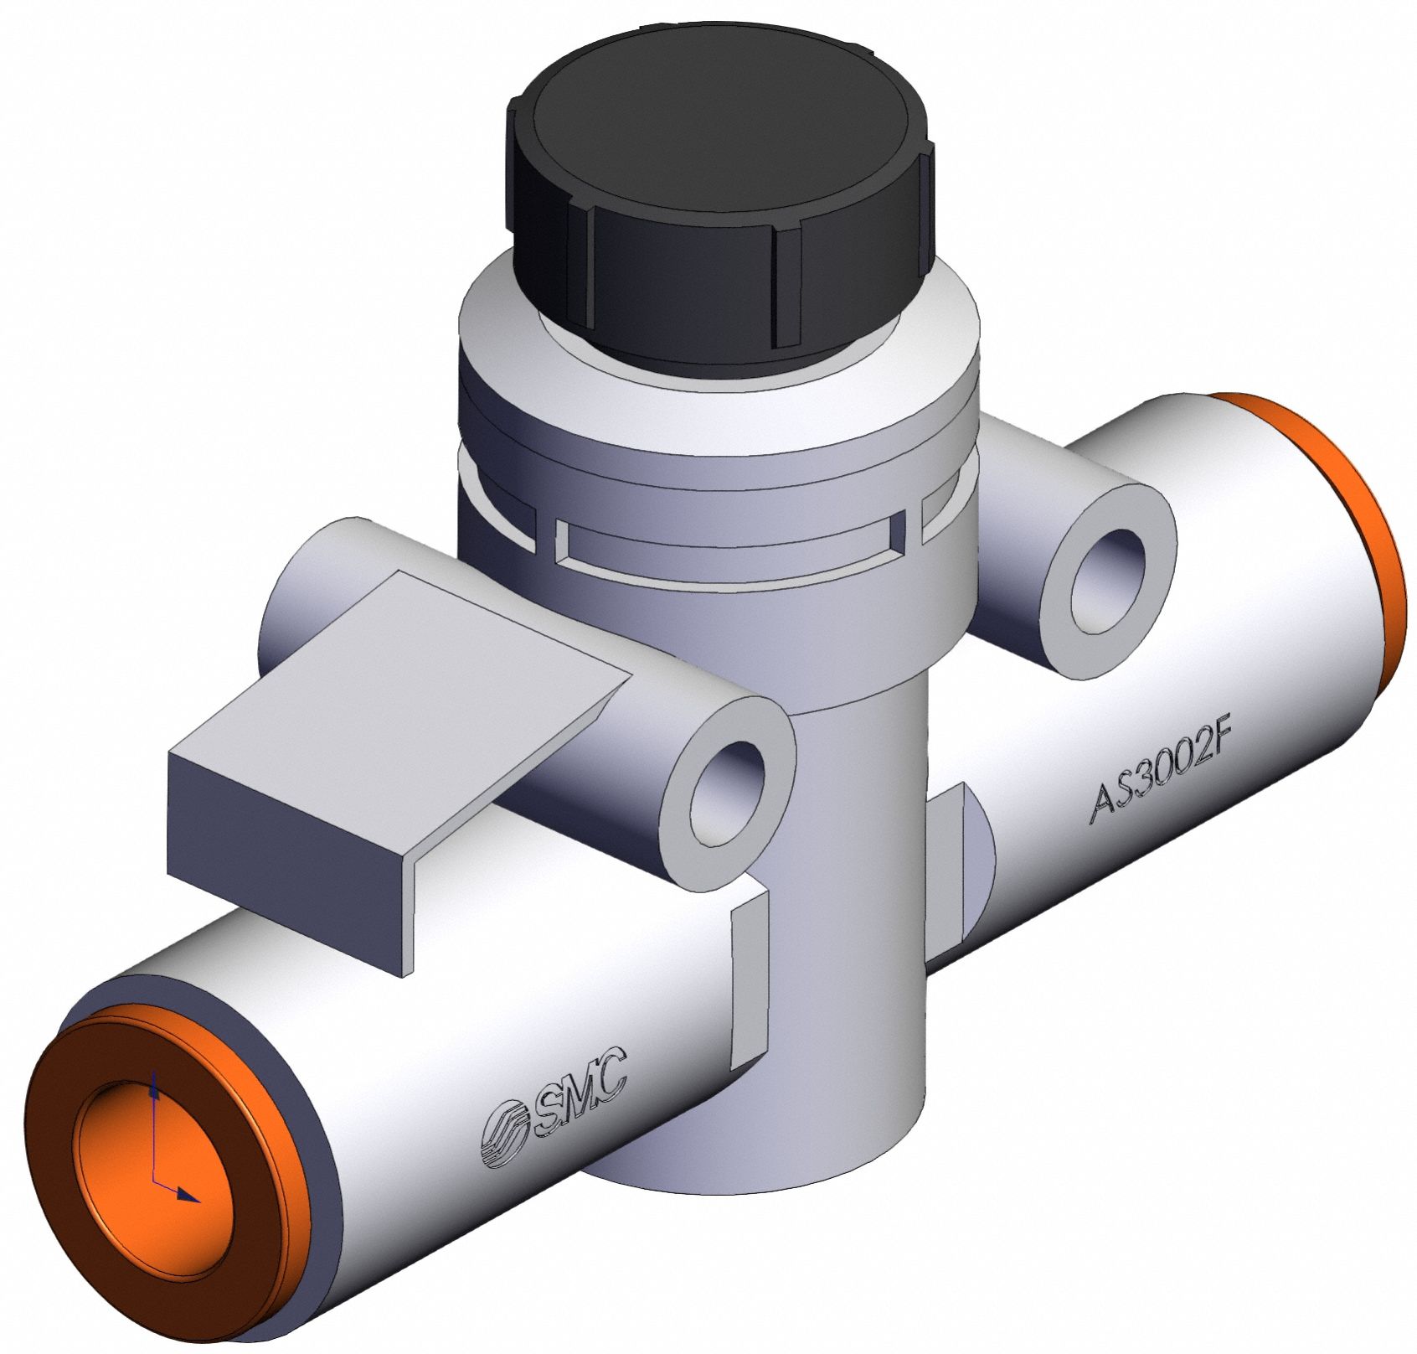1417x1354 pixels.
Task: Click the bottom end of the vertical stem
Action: pyautogui.click(x=754, y=1173)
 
